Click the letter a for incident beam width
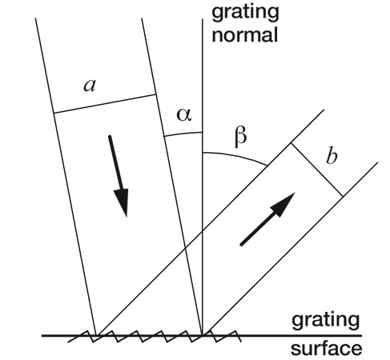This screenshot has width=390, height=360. coord(90,86)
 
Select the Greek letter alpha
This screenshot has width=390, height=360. coord(184,115)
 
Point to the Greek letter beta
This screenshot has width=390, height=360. coord(241,137)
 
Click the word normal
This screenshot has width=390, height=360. coord(245,35)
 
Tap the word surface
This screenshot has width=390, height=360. coord(326,349)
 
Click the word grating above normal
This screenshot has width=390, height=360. coord(245,12)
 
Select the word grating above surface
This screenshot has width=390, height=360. coord(326,322)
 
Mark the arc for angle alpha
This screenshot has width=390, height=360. coord(183,134)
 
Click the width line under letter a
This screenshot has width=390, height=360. coord(105,104)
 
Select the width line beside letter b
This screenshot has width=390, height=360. coord(317,170)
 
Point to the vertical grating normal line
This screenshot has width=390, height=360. coord(203,177)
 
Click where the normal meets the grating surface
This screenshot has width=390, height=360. coord(203,335)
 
